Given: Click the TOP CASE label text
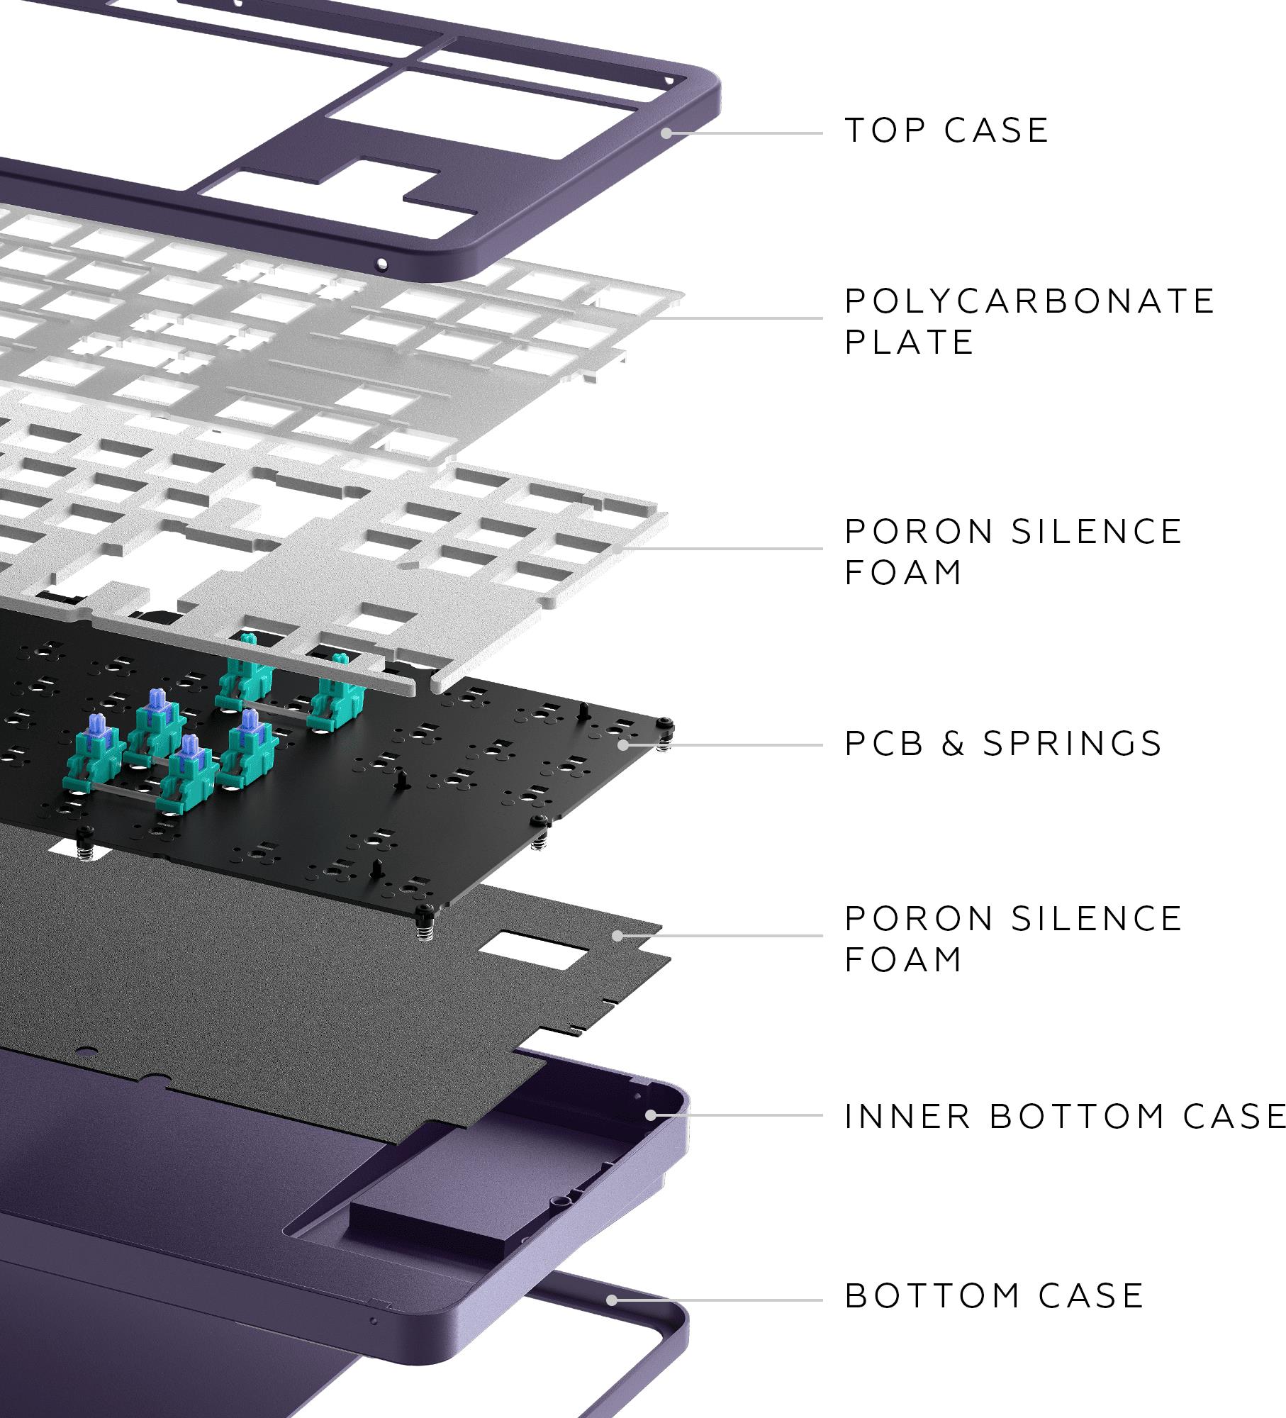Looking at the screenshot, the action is point(946,130).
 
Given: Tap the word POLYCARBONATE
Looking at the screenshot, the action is point(1030,301).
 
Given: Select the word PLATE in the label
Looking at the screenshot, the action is point(910,342).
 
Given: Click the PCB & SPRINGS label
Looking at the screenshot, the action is point(1003,744).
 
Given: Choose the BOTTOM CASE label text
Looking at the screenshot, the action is point(995,1296).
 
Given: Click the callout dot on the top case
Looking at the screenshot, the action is point(666,133).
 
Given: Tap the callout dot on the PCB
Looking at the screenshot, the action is point(623,745).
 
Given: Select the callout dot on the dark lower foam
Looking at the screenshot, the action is point(617,936).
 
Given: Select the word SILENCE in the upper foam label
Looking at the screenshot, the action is point(1096,532).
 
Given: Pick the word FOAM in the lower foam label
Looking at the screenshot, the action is point(903,959).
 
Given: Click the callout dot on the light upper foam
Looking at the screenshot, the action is point(619,548).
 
